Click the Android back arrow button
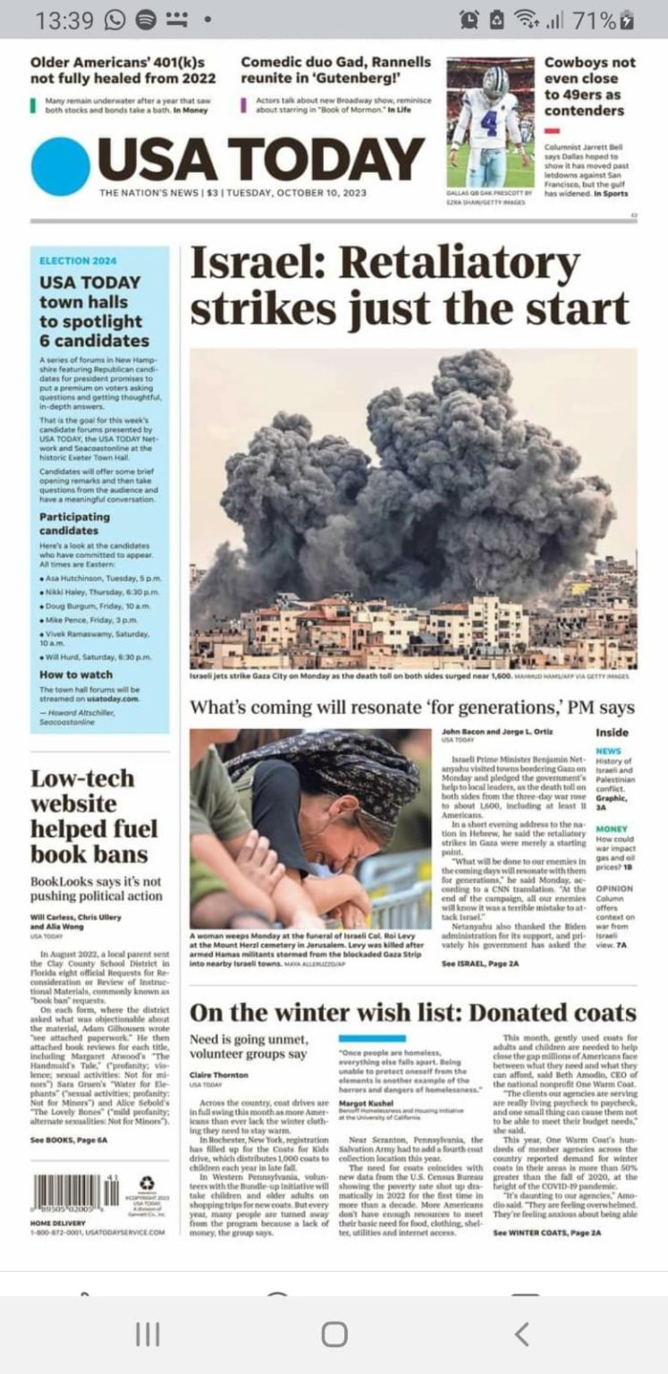pyautogui.click(x=521, y=1335)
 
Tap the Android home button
pyautogui.click(x=334, y=1335)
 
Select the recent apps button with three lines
pyautogui.click(x=147, y=1335)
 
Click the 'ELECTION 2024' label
pyautogui.click(x=78, y=261)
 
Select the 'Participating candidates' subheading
pyautogui.click(x=75, y=523)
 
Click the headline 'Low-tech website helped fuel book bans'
pyautogui.click(x=94, y=815)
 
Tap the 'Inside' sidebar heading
pyautogui.click(x=612, y=733)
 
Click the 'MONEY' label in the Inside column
pyautogui.click(x=612, y=829)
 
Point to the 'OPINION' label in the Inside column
pyautogui.click(x=614, y=889)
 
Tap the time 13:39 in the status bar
pyautogui.click(x=60, y=19)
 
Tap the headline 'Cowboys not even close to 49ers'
pyautogui.click(x=589, y=87)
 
